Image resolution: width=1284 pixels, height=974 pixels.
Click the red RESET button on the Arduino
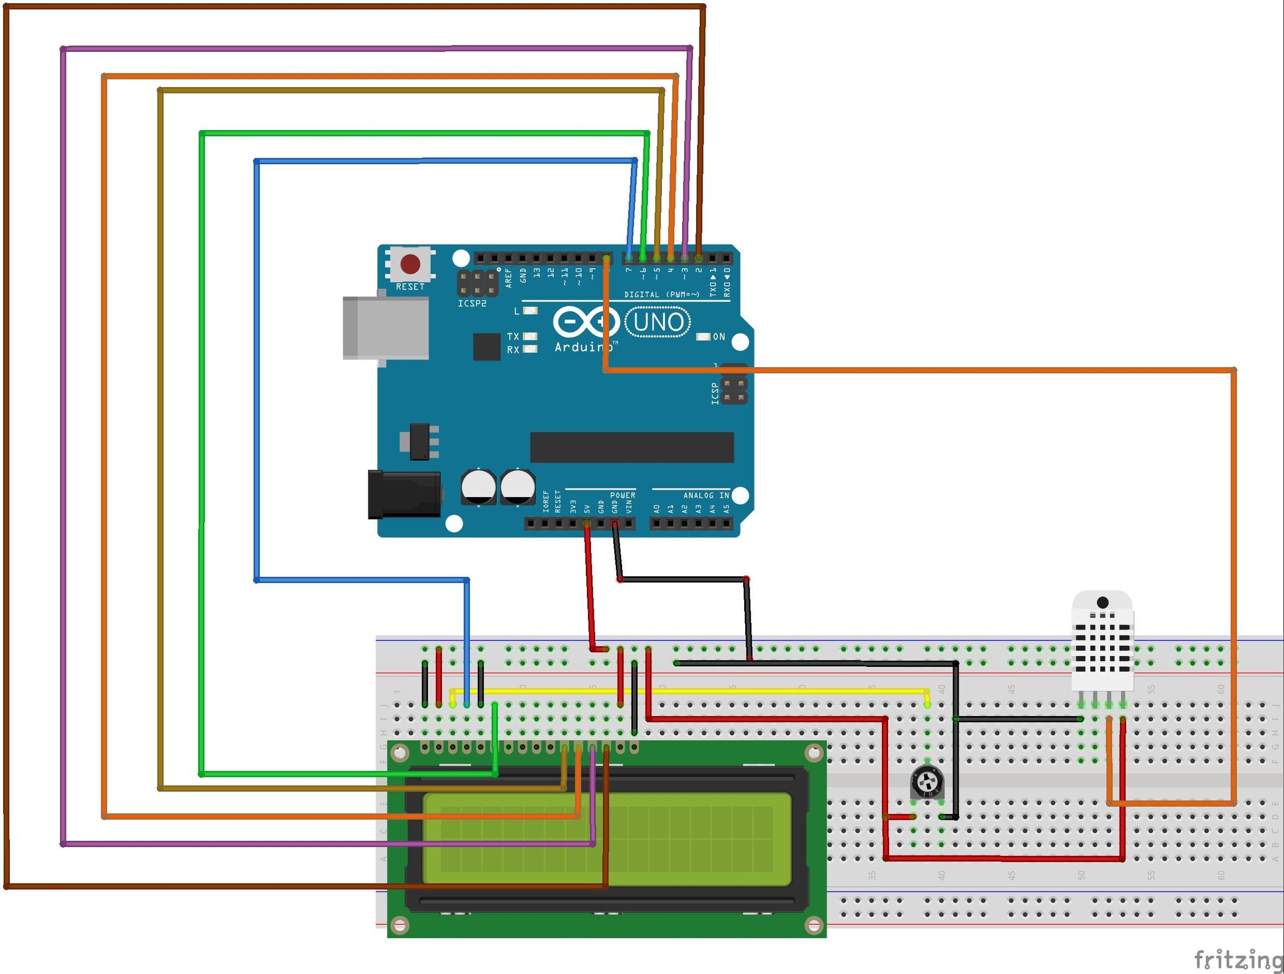coord(410,264)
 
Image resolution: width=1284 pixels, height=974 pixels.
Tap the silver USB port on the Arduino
coord(385,328)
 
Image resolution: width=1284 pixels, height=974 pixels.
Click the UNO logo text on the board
coord(658,322)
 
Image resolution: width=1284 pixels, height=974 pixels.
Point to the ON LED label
coord(719,337)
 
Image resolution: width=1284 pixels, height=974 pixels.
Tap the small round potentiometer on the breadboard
coord(927,781)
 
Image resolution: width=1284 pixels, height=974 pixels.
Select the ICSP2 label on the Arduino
coord(472,304)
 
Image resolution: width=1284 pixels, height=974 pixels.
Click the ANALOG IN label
coord(706,496)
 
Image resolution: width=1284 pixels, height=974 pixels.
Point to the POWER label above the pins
coord(622,496)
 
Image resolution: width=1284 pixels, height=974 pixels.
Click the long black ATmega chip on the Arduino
coord(631,447)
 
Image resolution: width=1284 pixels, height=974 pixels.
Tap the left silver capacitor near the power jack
coord(478,486)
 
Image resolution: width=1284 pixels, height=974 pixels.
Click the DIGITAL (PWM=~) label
coord(662,294)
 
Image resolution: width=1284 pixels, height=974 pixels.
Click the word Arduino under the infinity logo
coord(582,347)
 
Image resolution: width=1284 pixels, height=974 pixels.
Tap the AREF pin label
coord(508,278)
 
